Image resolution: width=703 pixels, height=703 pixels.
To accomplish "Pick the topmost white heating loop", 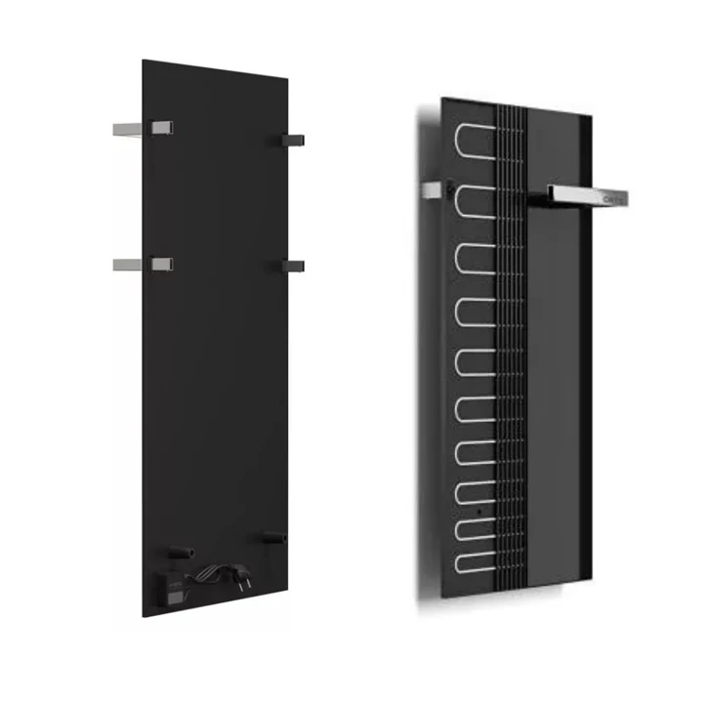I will click(476, 144).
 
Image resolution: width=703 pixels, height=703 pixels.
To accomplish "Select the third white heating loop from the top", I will click(476, 254).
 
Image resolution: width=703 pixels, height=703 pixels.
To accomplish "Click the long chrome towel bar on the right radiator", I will click(587, 196).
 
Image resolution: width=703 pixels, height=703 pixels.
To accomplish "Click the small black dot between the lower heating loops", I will click(477, 510).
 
